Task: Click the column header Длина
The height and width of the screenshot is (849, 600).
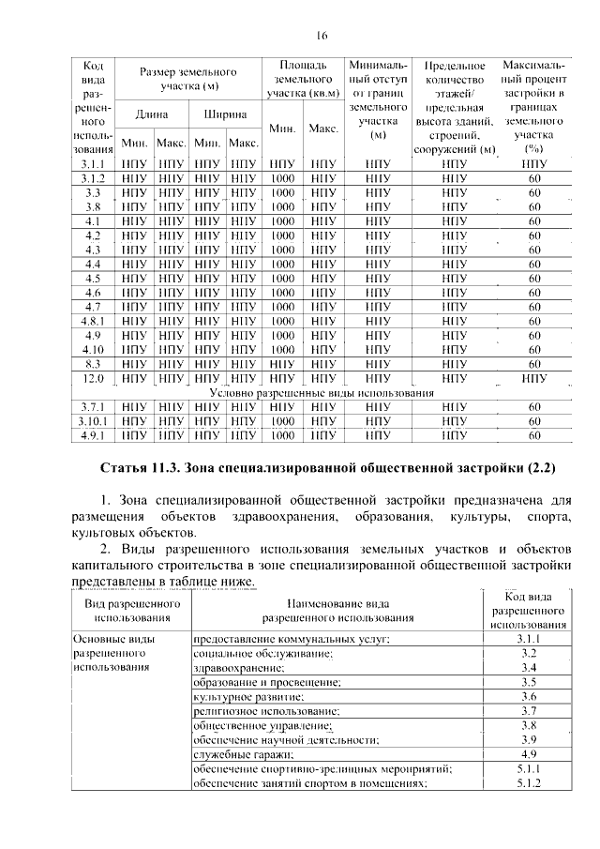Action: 151,114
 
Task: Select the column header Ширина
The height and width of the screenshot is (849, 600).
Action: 224,114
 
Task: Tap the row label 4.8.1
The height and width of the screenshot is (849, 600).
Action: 92,321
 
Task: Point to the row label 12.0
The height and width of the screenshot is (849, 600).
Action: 92,378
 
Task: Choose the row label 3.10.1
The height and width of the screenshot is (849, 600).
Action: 92,421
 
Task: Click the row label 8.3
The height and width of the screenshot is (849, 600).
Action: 92,364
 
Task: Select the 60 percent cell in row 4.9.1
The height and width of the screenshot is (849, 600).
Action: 534,435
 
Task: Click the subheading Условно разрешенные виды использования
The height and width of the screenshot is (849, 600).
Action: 322,392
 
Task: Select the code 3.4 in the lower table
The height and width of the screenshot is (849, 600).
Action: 529,667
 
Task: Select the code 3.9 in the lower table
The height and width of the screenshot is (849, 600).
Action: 529,739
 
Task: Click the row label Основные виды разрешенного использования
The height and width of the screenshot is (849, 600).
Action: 111,652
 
